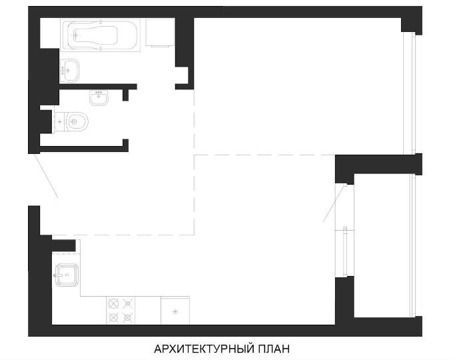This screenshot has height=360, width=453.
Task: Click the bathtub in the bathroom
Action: click(x=100, y=35)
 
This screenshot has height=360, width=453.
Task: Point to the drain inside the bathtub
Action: click(x=75, y=35)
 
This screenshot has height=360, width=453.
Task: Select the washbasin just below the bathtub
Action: click(x=69, y=70)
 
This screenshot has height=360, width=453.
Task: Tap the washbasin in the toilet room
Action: click(x=99, y=98)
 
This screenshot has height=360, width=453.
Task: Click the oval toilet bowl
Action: click(x=77, y=122)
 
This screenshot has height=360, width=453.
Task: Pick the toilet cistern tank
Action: click(x=60, y=122)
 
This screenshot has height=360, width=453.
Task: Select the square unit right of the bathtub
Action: click(x=160, y=33)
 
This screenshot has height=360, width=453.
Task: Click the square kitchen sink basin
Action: click(x=67, y=275)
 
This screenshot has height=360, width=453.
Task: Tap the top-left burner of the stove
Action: click(x=113, y=304)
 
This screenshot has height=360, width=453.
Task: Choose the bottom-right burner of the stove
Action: click(x=127, y=318)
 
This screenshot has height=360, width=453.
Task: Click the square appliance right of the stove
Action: click(x=175, y=311)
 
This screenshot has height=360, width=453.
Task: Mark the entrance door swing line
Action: click(x=46, y=177)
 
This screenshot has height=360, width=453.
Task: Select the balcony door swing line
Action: click(x=334, y=204)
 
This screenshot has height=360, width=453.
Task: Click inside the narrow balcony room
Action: click(x=382, y=245)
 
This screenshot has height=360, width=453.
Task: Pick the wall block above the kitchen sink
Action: click(x=63, y=245)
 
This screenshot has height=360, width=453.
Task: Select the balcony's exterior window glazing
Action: click(x=413, y=245)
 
